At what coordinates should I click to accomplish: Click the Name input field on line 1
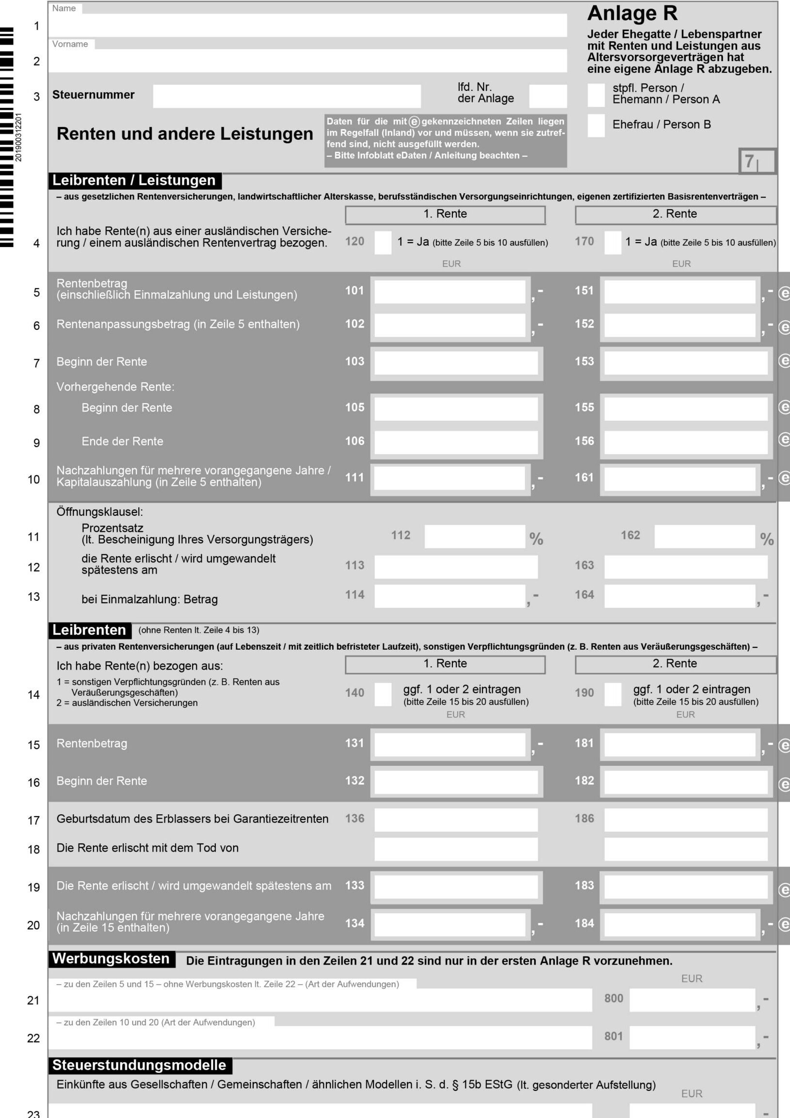(307, 25)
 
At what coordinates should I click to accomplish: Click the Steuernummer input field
(286, 96)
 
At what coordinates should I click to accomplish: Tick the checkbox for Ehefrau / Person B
(596, 126)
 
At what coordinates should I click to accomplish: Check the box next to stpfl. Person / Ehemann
(596, 95)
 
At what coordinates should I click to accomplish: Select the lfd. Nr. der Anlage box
(548, 96)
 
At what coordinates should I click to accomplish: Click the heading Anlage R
(632, 14)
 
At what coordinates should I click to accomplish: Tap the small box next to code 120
(383, 243)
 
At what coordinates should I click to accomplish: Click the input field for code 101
(450, 292)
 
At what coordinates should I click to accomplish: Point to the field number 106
(355, 441)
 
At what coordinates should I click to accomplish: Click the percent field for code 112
(474, 537)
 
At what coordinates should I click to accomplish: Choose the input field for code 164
(679, 596)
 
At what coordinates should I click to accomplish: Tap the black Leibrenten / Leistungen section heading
(134, 181)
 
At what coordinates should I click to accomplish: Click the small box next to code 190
(613, 694)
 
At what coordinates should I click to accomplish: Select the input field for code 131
(450, 744)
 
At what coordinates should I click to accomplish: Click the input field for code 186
(685, 820)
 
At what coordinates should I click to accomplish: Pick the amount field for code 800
(692, 1000)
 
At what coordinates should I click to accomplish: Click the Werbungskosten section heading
(111, 959)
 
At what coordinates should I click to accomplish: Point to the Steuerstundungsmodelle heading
(139, 1066)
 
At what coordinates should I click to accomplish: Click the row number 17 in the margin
(33, 821)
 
